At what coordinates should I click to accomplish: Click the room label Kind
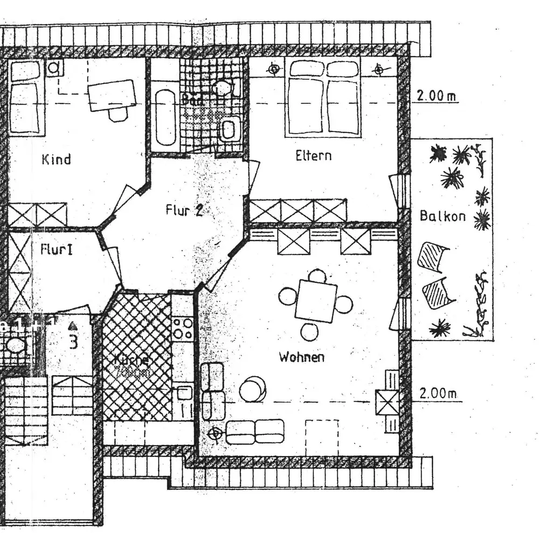pos(56,160)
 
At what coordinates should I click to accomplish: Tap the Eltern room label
pos(313,156)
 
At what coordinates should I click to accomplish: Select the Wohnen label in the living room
pos(301,357)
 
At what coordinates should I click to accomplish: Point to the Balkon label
pos(443,216)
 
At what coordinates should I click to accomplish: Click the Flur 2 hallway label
pos(184,210)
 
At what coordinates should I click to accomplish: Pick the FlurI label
pos(56,250)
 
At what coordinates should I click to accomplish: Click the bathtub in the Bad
pos(165,117)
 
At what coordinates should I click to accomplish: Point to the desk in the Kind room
pos(112,95)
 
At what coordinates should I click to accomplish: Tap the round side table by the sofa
pos(252,389)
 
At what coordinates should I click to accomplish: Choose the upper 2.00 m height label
pos(436,96)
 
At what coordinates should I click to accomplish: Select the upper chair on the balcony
pos(433,257)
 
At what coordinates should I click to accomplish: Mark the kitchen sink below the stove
pos(184,392)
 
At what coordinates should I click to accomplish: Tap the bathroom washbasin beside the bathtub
pos(229,129)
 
